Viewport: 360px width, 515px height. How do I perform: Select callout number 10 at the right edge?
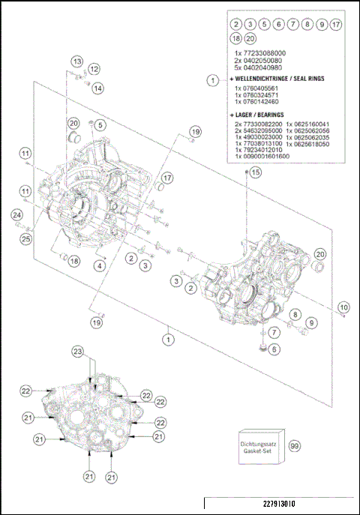coord(343,307)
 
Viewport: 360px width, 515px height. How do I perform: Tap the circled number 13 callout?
coord(77,60)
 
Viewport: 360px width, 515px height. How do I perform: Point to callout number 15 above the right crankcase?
coord(256,172)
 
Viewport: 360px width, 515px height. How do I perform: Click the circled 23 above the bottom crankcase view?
coord(77,351)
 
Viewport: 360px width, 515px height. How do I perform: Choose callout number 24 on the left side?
coord(16,216)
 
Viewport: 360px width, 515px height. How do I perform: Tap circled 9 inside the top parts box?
coord(321,25)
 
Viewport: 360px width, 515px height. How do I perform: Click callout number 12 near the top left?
coord(94,68)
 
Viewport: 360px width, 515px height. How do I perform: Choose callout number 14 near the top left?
coord(98,88)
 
